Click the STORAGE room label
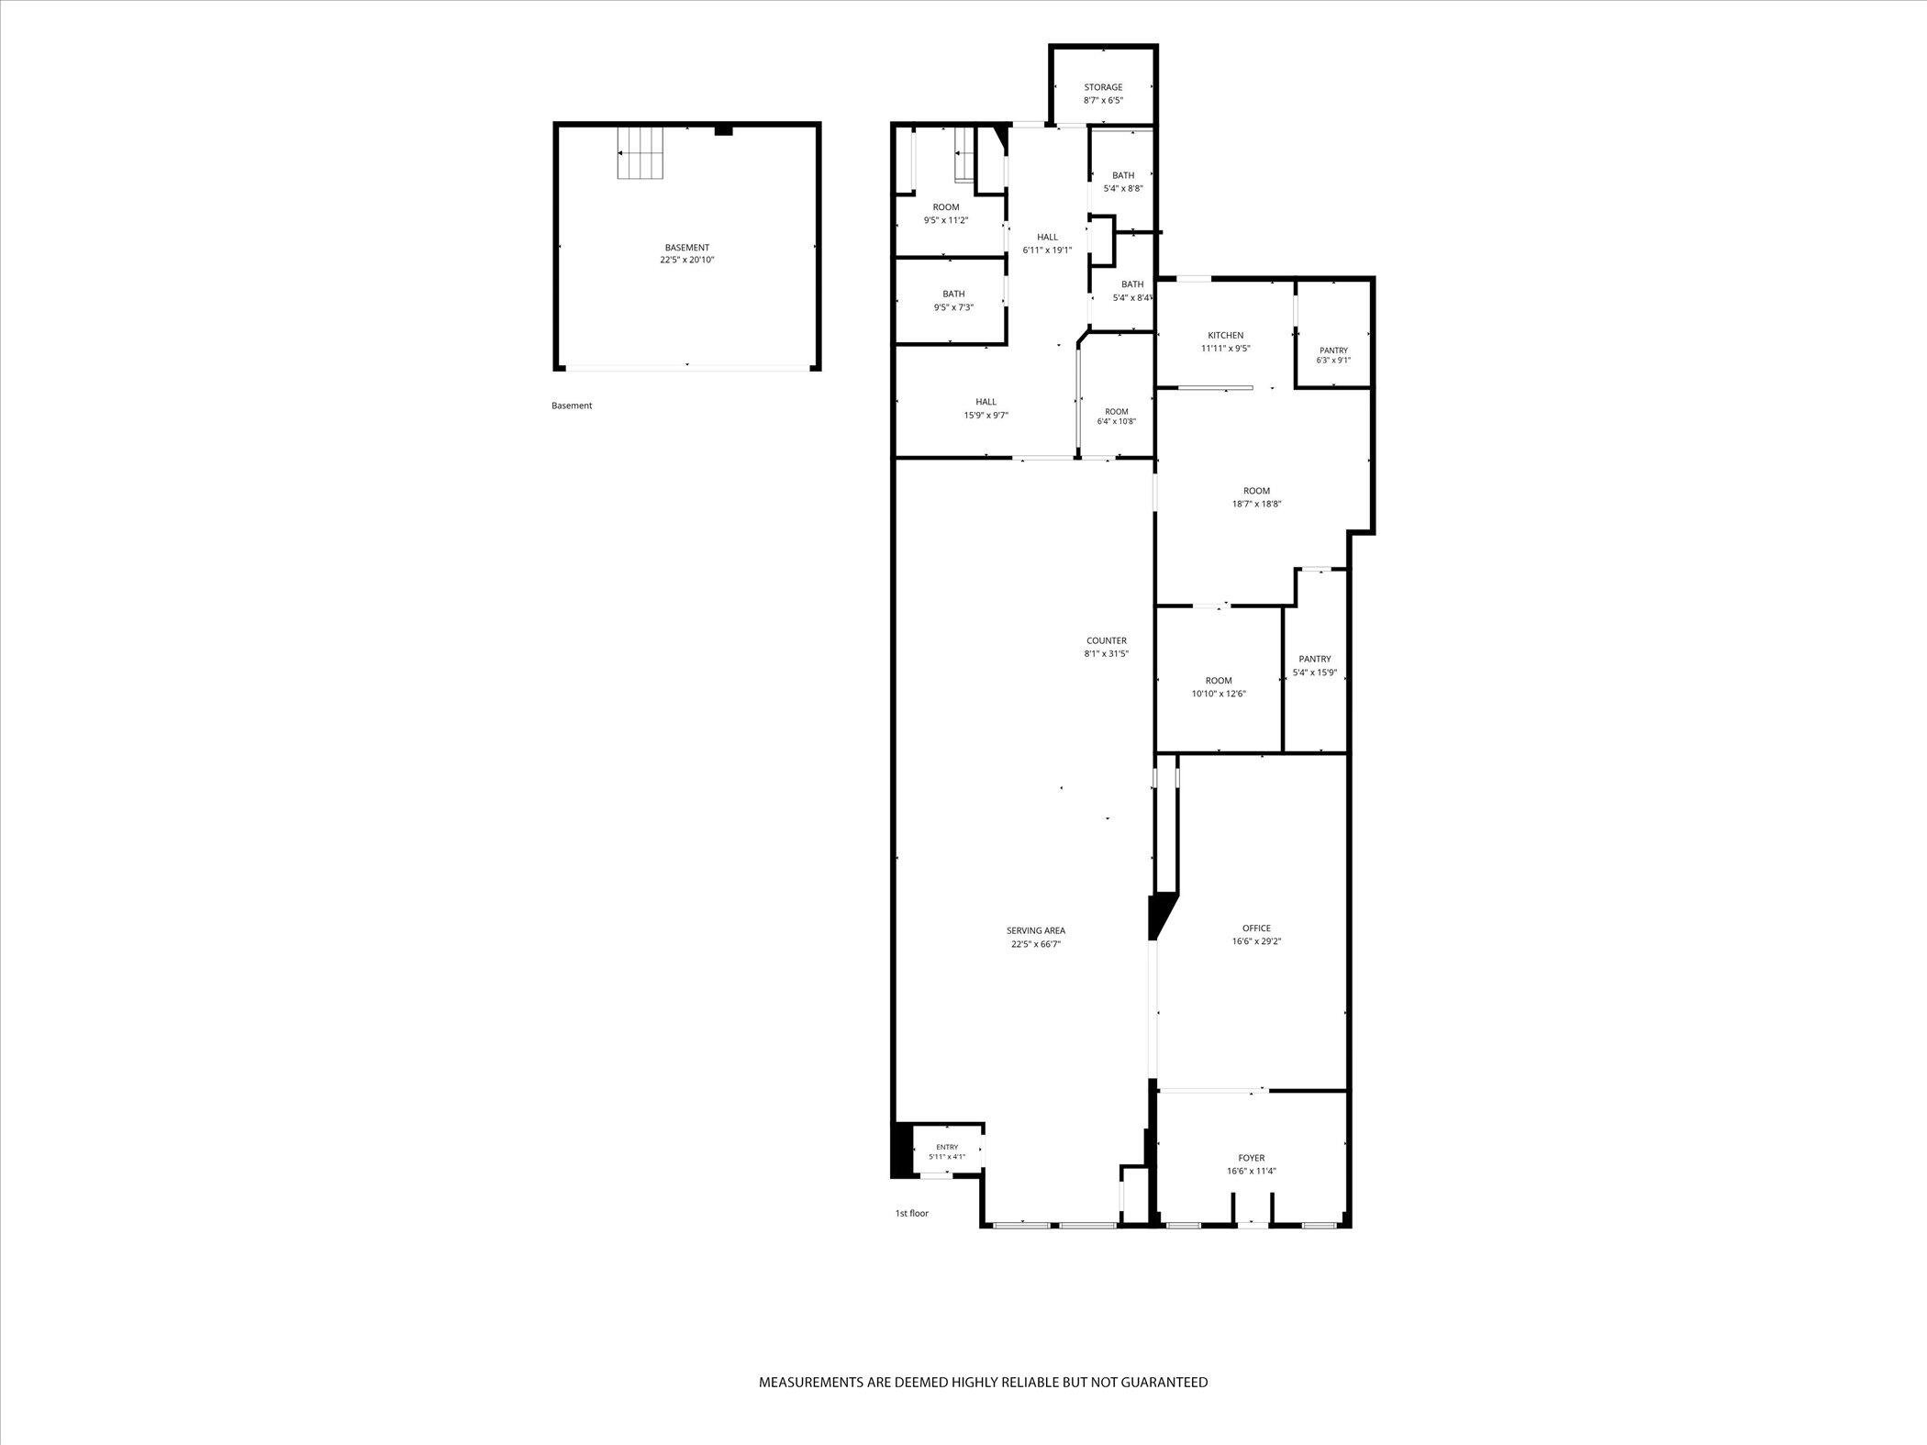(1103, 88)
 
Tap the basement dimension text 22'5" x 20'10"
(687, 261)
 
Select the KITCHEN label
(1226, 336)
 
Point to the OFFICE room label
(1256, 928)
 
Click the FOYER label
(1252, 1159)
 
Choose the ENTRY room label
(947, 1148)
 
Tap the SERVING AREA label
(1036, 931)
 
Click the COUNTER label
(1107, 641)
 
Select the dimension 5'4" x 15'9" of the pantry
(1315, 672)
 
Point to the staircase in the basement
(640, 152)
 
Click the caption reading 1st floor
(912, 1214)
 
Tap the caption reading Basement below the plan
(572, 406)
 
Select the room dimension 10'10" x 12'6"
(1219, 695)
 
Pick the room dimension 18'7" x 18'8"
(1257, 505)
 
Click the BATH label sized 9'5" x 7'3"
(953, 295)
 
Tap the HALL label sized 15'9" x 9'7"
(986, 402)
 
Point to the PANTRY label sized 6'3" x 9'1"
(1334, 350)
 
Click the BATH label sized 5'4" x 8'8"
(1123, 176)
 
